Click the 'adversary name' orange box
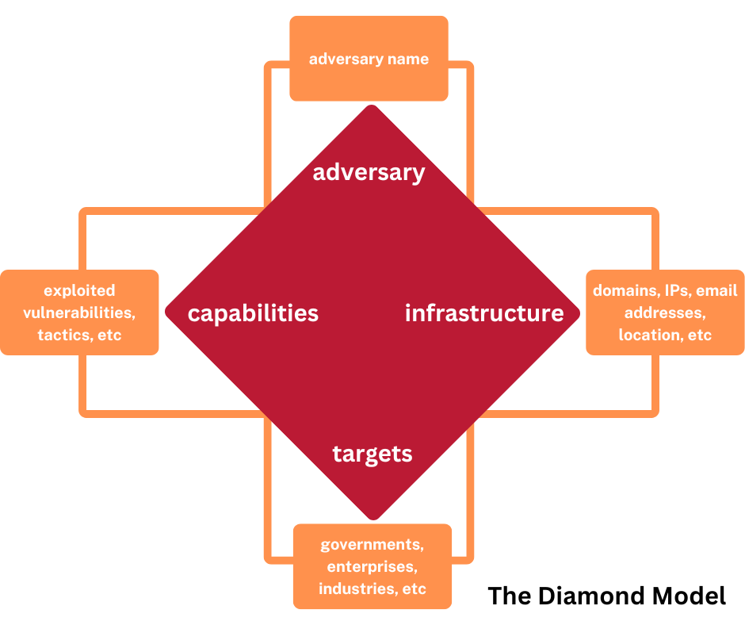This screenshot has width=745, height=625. [369, 59]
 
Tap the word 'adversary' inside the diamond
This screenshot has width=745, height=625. [369, 172]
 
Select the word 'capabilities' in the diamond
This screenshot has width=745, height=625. [253, 313]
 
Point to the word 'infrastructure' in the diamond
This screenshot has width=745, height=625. [484, 313]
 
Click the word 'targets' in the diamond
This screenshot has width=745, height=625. [372, 454]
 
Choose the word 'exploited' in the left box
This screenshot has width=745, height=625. [79, 290]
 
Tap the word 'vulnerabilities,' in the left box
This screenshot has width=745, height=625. [79, 312]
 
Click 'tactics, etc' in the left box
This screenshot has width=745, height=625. [79, 335]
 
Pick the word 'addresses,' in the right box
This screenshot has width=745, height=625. [665, 312]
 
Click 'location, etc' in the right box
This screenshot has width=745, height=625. [665, 335]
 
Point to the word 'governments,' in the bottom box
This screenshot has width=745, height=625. [372, 545]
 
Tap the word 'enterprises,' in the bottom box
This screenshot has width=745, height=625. [372, 567]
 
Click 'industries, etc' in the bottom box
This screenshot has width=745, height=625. [372, 589]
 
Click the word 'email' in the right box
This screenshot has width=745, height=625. [716, 290]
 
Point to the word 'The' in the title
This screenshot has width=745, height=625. [509, 596]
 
